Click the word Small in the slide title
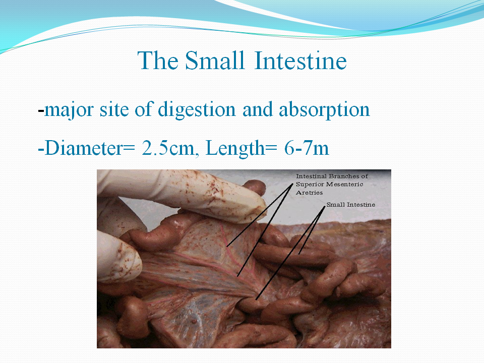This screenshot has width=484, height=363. pos(215,60)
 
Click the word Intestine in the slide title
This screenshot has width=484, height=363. pos(300,60)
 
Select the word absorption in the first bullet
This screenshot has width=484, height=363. pos(324,110)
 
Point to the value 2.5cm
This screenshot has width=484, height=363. pos(168,148)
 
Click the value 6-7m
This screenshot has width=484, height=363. pos(307,148)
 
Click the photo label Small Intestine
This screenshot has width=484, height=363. pos(351,205)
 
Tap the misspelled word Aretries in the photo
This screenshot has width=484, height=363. pos(309,193)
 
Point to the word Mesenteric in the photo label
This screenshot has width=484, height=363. pos(344,185)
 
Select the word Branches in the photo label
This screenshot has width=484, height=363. pos(343,176)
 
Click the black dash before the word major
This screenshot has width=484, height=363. pos(41,110)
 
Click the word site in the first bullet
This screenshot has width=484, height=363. pos(114,110)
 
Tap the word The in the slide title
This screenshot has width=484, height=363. pos(158,60)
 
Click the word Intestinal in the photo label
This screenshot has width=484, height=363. pos(311,176)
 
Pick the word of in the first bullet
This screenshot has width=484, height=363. pos(144,109)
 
